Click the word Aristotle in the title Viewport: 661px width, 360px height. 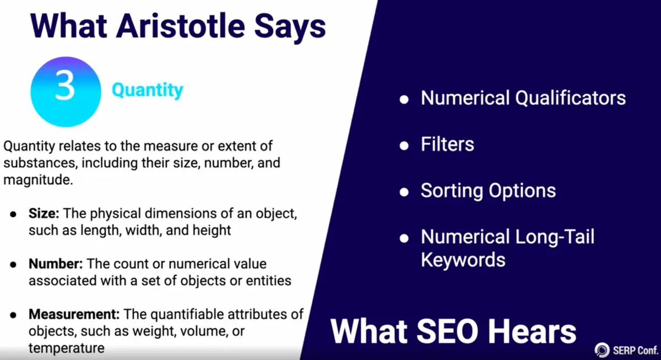[180, 26]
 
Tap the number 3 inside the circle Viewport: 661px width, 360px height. [65, 86]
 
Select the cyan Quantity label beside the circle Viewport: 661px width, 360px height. [148, 90]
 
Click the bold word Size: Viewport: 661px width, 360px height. [44, 213]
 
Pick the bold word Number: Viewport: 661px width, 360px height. [56, 264]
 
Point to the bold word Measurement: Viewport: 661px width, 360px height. [74, 314]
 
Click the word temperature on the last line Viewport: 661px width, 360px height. [67, 348]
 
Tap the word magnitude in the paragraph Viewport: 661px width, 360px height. [38, 180]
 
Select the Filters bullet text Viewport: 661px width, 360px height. [447, 144]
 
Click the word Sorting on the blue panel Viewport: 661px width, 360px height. [452, 191]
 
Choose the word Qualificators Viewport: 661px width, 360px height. [570, 98]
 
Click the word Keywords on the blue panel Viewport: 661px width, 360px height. [463, 260]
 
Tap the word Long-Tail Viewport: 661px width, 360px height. [555, 237]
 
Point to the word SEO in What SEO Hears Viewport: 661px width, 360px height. [447, 332]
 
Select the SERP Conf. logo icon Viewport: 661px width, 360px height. [602, 350]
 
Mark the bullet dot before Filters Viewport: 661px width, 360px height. [404, 146]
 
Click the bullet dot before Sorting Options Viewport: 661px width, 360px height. [404, 192]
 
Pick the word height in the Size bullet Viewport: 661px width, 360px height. [212, 231]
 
